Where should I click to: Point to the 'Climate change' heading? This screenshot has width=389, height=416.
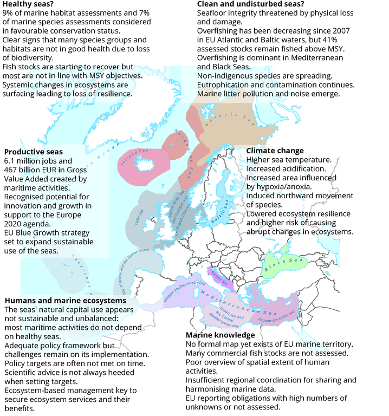275,151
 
